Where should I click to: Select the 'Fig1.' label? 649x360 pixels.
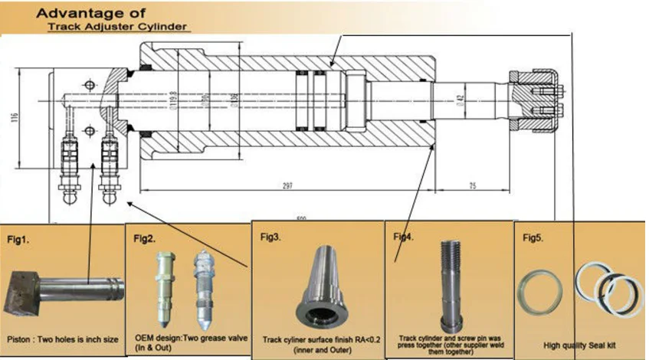coord(18,240)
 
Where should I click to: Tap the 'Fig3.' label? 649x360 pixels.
coord(270,237)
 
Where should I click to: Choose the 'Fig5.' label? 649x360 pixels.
coord(533,238)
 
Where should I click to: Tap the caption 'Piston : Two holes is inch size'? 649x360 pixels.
coord(63,339)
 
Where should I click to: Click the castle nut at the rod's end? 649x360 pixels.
coord(536,96)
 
